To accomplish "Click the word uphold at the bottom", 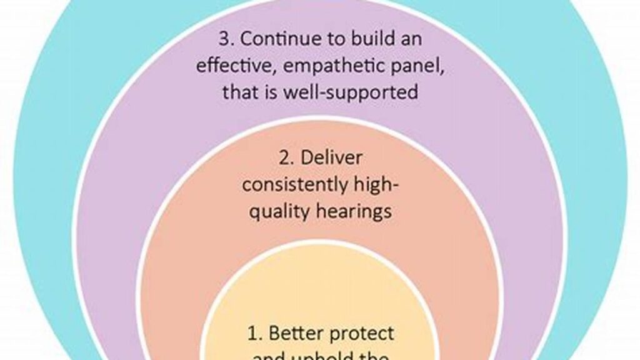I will pos(332,357).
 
